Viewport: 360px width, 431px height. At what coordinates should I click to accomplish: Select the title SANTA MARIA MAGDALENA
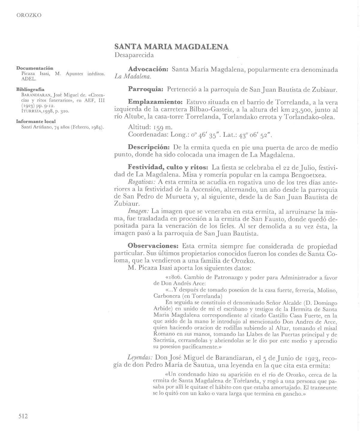pos(171,47)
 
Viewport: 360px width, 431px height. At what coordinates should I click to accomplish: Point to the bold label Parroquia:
pos(145,89)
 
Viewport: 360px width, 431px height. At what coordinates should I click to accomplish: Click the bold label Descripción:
pos(149,148)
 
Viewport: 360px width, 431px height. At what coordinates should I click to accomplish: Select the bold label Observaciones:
pos(153,246)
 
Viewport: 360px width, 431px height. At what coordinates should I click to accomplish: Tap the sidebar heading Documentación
pos(35,68)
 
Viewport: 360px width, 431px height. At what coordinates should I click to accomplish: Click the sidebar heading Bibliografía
pos(30,89)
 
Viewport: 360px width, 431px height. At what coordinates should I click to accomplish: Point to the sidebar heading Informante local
pos(36,121)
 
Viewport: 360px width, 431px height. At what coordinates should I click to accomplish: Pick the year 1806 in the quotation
pos(174,277)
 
